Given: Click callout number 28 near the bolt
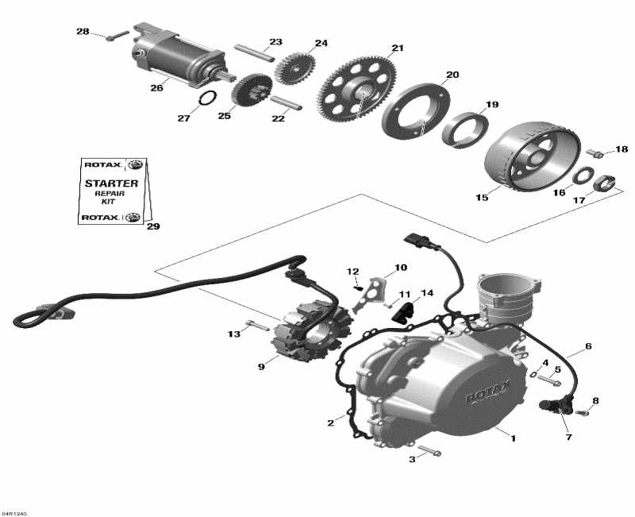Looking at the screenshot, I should (x=83, y=32).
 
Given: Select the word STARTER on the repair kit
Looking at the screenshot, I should (x=111, y=183).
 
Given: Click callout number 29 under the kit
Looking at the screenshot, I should (x=153, y=226).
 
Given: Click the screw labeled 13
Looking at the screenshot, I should (x=256, y=325).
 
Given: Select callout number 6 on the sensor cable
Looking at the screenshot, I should (x=588, y=346).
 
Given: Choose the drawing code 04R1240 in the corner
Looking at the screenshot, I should (x=15, y=512).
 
